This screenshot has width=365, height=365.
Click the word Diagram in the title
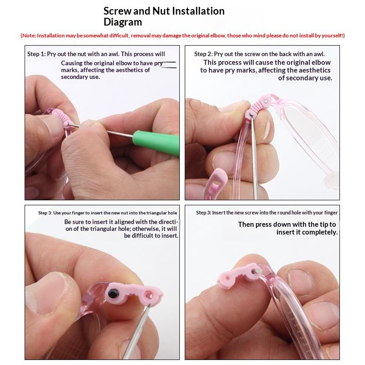click(123, 22)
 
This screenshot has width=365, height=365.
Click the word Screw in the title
click(117, 11)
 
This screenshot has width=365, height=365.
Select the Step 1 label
click(36, 54)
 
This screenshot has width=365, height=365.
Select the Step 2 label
click(203, 54)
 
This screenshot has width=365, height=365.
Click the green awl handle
click(156, 143)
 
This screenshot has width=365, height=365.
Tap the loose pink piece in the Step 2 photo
click(216, 183)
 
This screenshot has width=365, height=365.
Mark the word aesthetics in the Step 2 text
click(314, 70)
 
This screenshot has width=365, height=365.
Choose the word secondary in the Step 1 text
click(71, 77)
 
